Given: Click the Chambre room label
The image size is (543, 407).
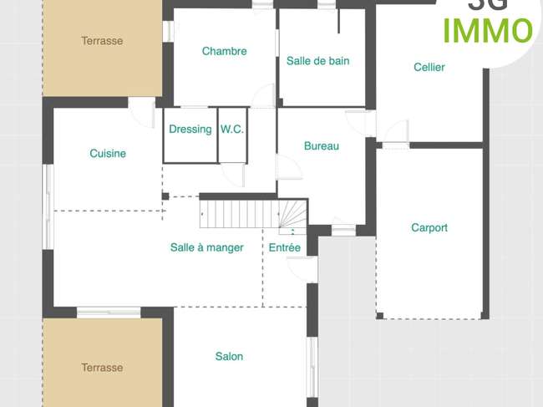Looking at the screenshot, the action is click(225, 51).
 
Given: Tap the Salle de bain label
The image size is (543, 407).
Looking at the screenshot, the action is click(318, 61).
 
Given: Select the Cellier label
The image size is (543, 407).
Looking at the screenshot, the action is click(429, 67).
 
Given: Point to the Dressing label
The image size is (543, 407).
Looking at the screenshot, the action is click(190, 130).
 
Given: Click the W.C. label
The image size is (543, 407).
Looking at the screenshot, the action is click(232, 130).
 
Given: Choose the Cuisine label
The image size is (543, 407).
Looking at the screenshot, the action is click(108, 154).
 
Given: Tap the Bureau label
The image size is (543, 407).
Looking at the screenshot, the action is click(322, 145).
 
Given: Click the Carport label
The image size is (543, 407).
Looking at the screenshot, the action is click(429, 227).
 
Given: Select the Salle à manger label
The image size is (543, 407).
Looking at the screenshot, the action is click(206, 247).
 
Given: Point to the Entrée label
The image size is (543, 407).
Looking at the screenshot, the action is click(285, 247).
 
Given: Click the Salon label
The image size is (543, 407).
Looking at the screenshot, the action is click(229, 356).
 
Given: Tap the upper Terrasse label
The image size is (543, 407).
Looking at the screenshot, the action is click(102, 41).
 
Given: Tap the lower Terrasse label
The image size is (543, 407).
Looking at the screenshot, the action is click(102, 368).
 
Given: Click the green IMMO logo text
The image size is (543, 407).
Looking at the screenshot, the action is click(488, 31).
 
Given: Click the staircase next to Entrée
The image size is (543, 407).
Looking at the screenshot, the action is click(253, 214).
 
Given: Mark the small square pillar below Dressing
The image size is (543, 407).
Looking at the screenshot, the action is click(165, 196).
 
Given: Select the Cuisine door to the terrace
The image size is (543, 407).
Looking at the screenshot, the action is click(143, 113).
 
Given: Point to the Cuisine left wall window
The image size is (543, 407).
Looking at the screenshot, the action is click(48, 206).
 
